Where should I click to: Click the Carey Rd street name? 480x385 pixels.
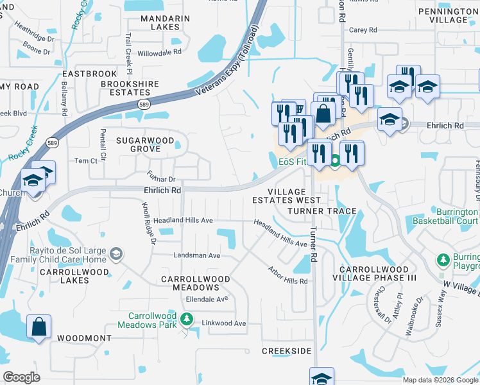click(362, 30)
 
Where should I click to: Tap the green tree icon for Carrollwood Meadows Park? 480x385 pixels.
click(186, 318)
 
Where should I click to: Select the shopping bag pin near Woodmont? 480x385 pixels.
click(39, 327)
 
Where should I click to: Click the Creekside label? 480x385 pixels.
click(286, 351)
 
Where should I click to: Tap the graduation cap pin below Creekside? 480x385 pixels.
click(321, 377)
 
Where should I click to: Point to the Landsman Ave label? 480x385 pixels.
click(197, 255)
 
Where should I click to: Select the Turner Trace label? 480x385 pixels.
click(322, 210)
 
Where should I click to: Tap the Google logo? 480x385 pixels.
click(22, 377)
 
